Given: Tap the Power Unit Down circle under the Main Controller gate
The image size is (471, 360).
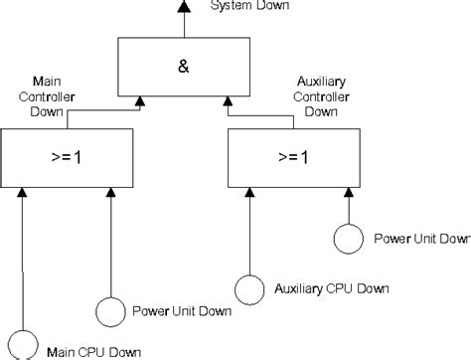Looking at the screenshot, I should click(109, 310).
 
